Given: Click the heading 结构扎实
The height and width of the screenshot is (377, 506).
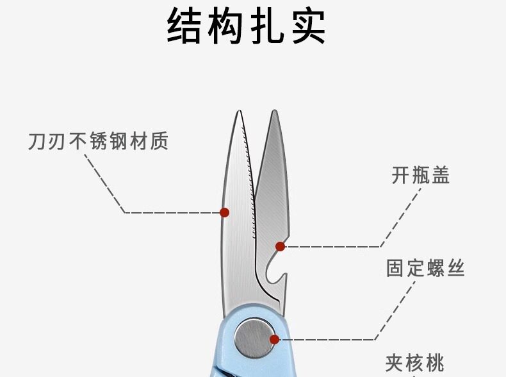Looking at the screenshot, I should pyautogui.click(x=247, y=26).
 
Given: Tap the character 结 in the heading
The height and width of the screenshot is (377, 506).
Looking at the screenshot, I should pyautogui.click(x=186, y=26).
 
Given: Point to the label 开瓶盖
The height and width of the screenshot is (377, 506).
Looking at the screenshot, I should pyautogui.click(x=420, y=175).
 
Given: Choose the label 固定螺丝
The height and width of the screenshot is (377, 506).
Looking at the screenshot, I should pyautogui.click(x=425, y=267).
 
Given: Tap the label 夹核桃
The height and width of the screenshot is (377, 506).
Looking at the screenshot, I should pyautogui.click(x=414, y=363).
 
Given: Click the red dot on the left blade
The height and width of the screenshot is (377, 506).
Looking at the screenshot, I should pyautogui.click(x=224, y=212).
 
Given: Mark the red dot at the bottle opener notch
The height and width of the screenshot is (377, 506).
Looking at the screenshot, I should pyautogui.click(x=280, y=246).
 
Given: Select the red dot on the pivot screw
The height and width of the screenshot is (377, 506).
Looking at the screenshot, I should pyautogui.click(x=274, y=340).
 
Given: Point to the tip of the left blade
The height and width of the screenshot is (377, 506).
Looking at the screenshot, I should pyautogui.click(x=238, y=113).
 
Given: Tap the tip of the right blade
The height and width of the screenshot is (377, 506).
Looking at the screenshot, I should pyautogui.click(x=275, y=113).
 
